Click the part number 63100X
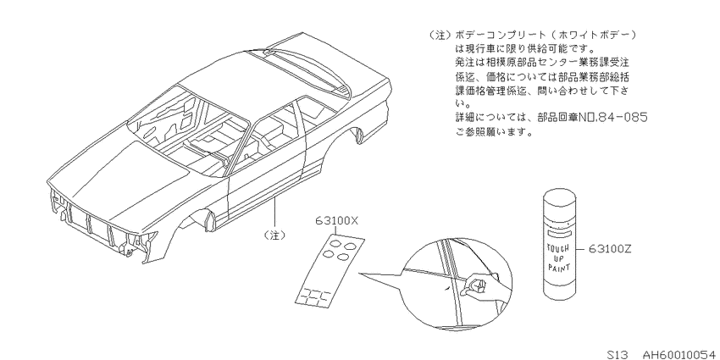[336, 221]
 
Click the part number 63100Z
[610, 249]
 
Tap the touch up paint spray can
[558, 245]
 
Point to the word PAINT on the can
[559, 267]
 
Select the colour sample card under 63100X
[330, 270]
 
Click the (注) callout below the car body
[274, 235]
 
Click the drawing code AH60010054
[680, 354]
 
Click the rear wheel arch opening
[356, 134]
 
